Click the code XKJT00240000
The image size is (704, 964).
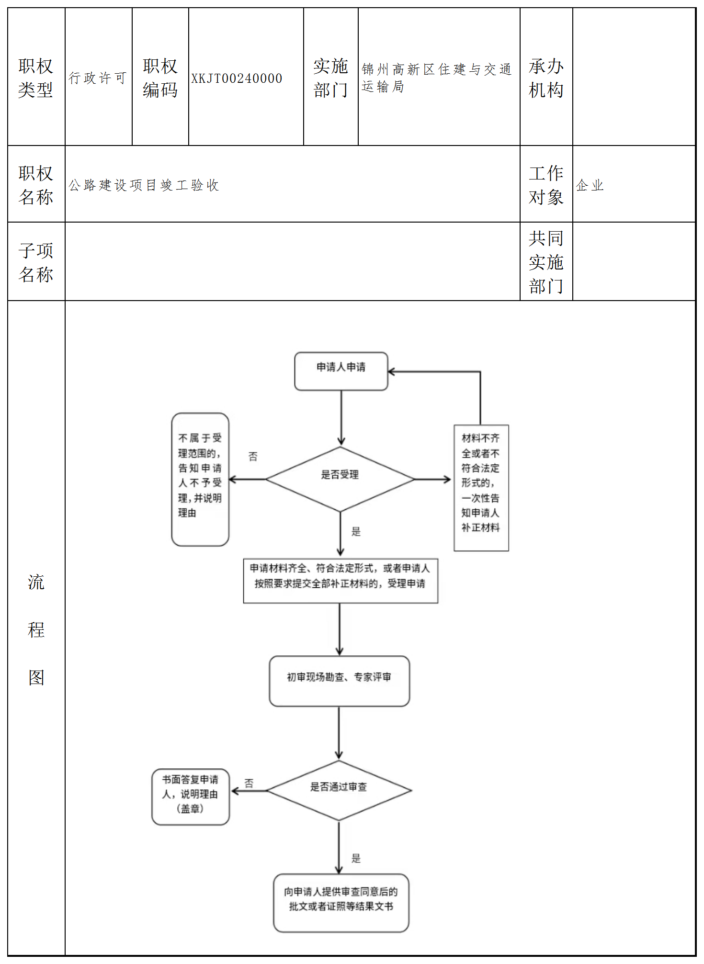point(237,78)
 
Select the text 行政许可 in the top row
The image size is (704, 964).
point(98,78)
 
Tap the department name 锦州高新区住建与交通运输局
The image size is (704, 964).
point(436,78)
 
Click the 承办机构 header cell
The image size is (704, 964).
point(546,78)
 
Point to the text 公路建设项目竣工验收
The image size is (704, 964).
point(144,185)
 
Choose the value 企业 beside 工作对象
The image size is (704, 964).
point(590,185)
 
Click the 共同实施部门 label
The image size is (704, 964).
point(546,262)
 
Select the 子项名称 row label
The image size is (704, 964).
point(36,262)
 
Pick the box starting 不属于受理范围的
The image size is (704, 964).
point(200,479)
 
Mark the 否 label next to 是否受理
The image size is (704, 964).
point(253,456)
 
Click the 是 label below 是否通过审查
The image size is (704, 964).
point(356,858)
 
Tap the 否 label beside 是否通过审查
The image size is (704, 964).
point(249,783)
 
